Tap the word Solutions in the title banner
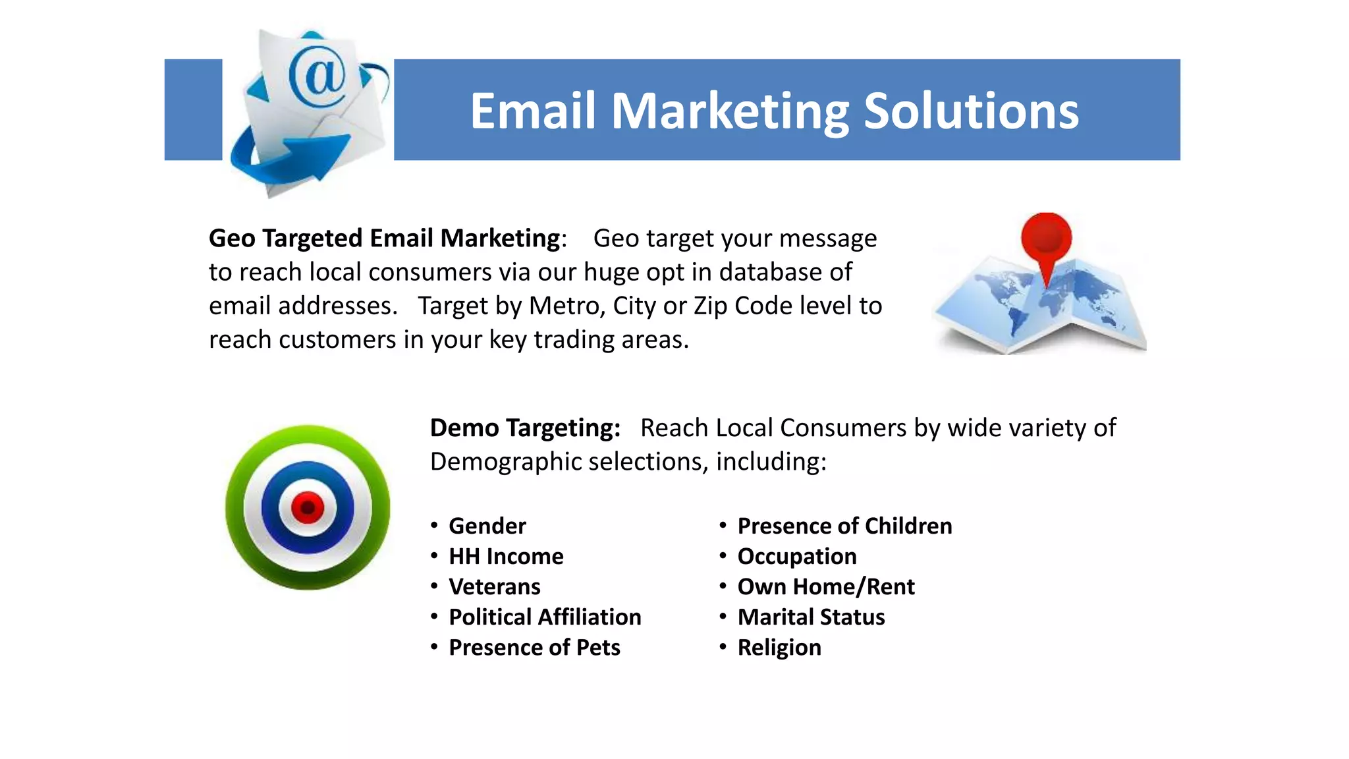tap(971, 111)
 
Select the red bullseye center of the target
tap(307, 507)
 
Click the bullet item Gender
tap(487, 526)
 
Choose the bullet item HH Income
tap(505, 556)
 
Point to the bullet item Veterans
tap(494, 586)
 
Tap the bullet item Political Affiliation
tap(544, 617)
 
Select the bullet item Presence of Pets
tap(534, 647)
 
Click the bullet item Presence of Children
tap(844, 526)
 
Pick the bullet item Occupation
tap(796, 556)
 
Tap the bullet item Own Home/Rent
tap(825, 586)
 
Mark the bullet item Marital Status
tap(810, 617)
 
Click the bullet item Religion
tap(779, 647)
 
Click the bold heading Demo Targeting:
tap(525, 428)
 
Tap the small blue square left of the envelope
tap(193, 109)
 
